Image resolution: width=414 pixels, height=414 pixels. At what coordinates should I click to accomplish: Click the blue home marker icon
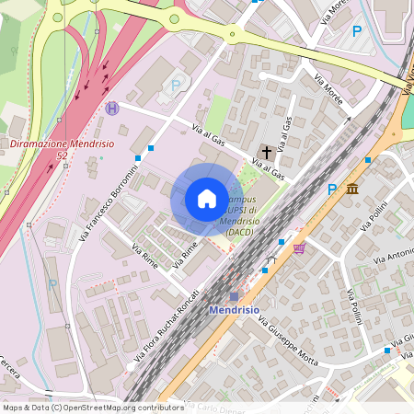206,199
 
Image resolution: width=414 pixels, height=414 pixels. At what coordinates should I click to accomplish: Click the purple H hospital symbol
112,108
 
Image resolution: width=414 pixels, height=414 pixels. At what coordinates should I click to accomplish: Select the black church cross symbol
268,151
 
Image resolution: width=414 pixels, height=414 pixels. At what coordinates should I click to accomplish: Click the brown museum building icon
353,189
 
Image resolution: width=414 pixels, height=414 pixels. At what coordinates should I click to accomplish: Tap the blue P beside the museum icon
332,190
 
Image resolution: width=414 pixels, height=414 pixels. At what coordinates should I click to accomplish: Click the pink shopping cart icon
299,247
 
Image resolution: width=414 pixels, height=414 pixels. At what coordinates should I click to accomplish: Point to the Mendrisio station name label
236,310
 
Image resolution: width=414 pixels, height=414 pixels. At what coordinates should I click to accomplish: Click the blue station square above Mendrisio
234,296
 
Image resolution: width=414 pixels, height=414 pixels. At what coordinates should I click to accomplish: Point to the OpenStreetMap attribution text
93,408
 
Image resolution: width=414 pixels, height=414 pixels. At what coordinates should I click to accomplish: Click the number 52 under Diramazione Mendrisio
63,156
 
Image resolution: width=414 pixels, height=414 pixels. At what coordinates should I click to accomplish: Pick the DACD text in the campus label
240,231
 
